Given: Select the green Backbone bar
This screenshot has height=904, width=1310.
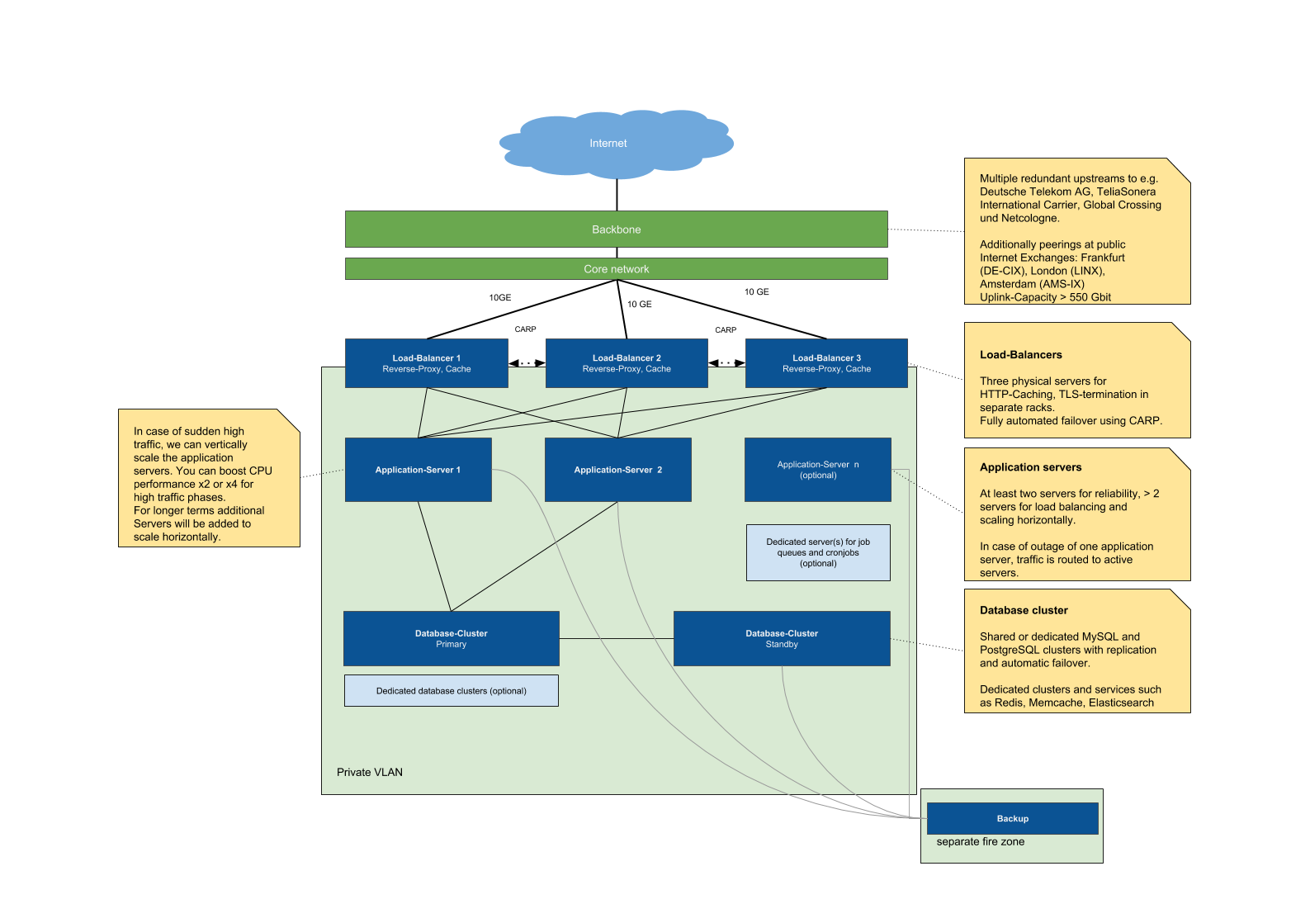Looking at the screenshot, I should pos(616,230).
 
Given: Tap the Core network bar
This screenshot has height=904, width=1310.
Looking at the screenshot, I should pos(616,269).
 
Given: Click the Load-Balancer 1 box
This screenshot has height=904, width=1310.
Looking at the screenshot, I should pos(426,363).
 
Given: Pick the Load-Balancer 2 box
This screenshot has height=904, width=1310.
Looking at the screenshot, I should pos(627,363).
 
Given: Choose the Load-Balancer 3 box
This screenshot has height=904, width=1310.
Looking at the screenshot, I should pos(826,363).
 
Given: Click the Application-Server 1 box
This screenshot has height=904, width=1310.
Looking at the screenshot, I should pos(418,470).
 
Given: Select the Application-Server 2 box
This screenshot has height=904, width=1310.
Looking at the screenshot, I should pos(617,470).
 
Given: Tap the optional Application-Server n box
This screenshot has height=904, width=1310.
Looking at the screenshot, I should pos(817,470).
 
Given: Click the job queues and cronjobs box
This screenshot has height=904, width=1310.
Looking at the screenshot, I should pos(817,552).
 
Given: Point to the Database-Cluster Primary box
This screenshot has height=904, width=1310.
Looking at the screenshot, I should pos(451,638).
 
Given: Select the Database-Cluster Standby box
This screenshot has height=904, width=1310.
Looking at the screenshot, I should pos(781,638).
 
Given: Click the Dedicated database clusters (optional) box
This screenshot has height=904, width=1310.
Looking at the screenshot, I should pos(451,691).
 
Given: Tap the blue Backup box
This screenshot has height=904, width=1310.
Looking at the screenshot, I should pos(1012,819).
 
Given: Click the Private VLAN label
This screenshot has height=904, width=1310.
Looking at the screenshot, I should pos(369,773).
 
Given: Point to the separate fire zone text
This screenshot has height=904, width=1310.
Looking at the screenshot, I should pos(980,842).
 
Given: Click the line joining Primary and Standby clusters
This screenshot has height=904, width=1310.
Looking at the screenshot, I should pos(616,638).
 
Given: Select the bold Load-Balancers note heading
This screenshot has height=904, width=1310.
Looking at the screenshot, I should pos(1020,355).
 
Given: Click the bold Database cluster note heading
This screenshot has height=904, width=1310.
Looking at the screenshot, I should pos(1023,611).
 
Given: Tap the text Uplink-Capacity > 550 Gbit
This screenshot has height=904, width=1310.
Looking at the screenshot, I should pos(1044,297).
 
